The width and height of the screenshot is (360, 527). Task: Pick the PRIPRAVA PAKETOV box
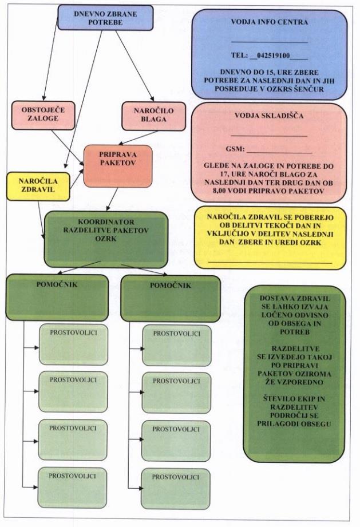coord(118,165)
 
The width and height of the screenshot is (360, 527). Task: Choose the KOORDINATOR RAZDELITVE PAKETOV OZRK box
coord(105,235)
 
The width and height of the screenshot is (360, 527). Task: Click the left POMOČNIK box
coord(57,296)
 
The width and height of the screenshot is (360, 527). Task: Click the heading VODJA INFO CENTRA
coord(269,23)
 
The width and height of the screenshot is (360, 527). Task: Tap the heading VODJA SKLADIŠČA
coord(269,116)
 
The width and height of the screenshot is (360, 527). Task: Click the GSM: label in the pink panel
coord(235,149)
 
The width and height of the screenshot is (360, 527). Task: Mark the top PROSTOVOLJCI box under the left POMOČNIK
coord(73,344)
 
